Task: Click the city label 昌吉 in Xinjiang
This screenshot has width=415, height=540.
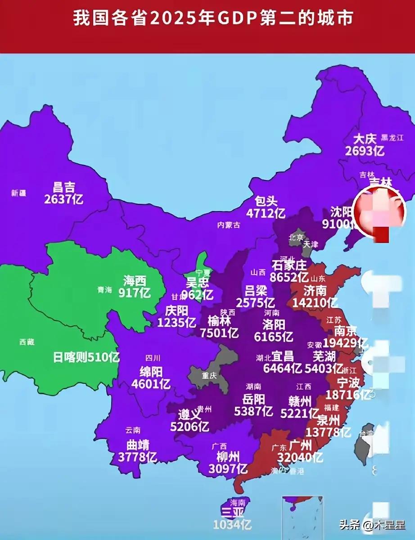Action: (x=64, y=187)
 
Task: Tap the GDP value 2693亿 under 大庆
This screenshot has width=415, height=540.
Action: (x=365, y=151)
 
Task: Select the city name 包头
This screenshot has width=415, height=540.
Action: (x=266, y=201)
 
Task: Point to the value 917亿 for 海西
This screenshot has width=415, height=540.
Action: (x=135, y=293)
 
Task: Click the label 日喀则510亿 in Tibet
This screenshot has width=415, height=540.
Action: (x=86, y=358)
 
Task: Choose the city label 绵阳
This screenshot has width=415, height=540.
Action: (x=151, y=372)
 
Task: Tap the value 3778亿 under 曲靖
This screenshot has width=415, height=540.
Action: (x=137, y=457)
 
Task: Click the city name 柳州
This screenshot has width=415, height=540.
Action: (x=228, y=457)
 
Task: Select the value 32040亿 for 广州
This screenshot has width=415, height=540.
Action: (x=300, y=458)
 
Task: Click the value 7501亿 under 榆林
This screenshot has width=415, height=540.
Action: (x=219, y=333)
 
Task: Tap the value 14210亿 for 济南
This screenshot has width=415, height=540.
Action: (x=315, y=302)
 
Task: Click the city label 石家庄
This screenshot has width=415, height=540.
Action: (x=289, y=265)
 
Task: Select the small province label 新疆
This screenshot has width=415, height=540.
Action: (x=18, y=193)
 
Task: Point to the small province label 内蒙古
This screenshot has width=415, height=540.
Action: (x=229, y=225)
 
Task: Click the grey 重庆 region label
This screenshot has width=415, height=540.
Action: (x=209, y=375)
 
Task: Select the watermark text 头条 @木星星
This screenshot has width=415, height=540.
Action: (x=372, y=524)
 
